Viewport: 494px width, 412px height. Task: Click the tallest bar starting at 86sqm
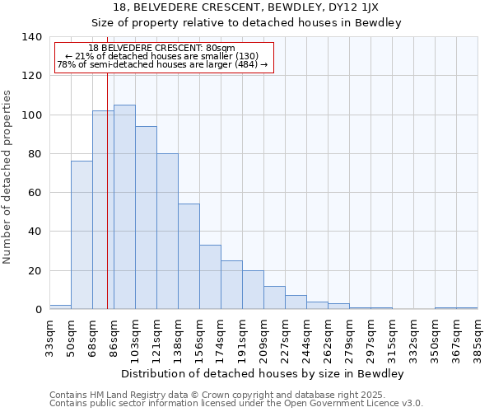pyautogui.click(x=124, y=207)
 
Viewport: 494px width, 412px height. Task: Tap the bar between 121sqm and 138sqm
pyautogui.click(x=167, y=231)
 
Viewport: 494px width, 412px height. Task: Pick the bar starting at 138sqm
pyautogui.click(x=189, y=256)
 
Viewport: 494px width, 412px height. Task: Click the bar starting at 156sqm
pyautogui.click(x=210, y=277)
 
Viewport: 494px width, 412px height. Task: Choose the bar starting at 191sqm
pyautogui.click(x=253, y=289)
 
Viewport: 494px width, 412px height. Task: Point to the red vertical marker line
pyautogui.click(x=107, y=206)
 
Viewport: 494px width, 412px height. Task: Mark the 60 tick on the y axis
pyautogui.click(x=35, y=193)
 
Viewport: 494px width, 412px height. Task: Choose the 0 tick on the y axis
pyautogui.click(x=39, y=310)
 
